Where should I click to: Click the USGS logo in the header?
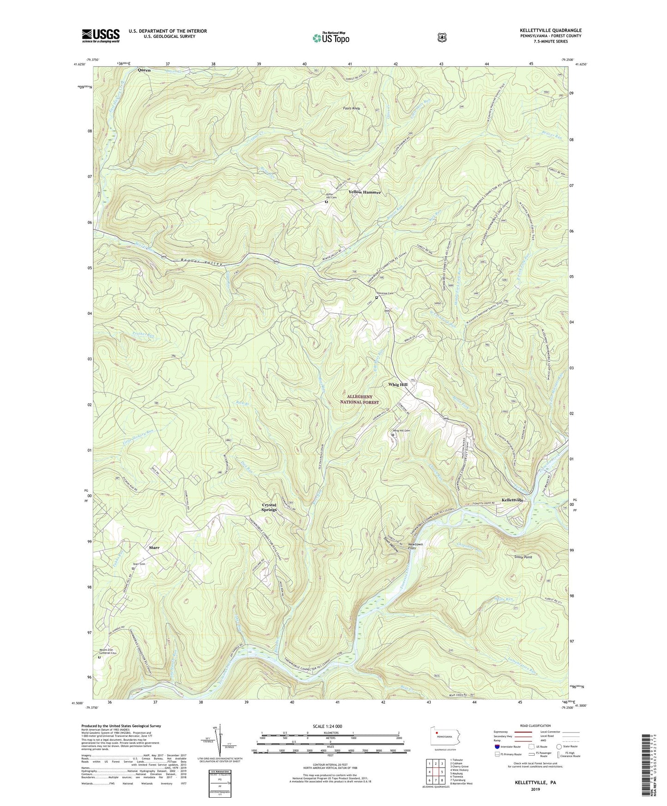101,36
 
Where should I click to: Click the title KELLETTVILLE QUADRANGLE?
550,30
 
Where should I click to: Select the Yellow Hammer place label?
365,192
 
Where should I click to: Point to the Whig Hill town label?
397,385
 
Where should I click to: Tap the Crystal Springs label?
269,507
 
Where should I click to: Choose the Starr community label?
154,547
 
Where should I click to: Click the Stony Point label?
523,557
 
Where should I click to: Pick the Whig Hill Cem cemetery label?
401,430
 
